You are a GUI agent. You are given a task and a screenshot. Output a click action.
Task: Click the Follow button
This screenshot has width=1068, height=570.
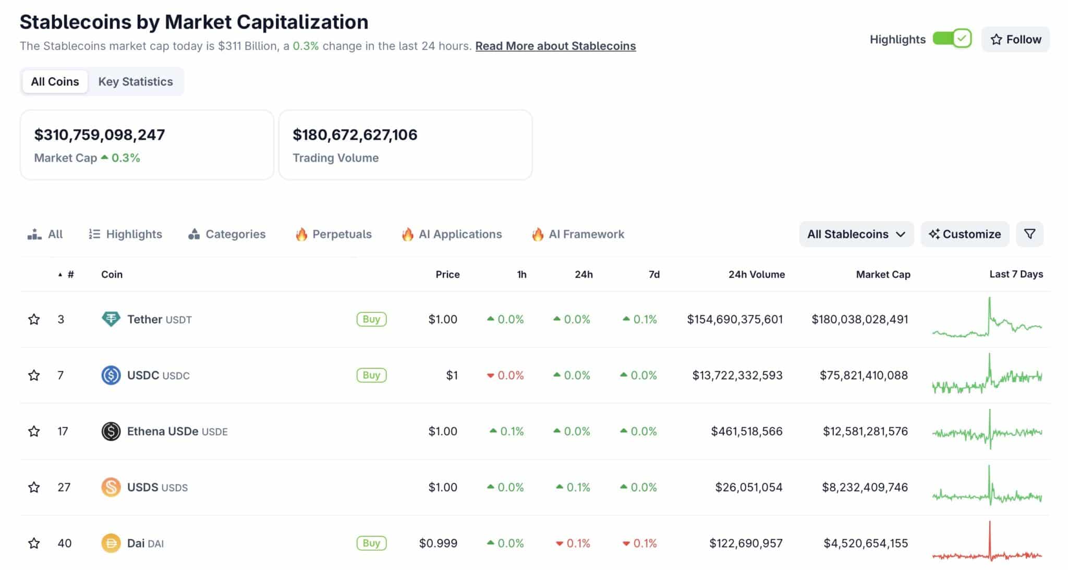1015,40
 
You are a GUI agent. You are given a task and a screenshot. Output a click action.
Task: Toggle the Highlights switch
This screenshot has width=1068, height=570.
952,39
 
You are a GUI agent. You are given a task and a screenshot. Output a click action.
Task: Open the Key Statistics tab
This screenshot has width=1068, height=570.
136,82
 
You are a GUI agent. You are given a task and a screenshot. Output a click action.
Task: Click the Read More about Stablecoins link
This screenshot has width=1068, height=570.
555,46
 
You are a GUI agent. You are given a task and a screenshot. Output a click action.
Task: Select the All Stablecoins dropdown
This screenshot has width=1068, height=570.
856,234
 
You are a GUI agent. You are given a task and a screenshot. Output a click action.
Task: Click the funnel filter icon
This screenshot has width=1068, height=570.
1029,234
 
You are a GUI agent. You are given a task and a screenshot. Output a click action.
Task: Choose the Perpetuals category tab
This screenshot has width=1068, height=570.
334,234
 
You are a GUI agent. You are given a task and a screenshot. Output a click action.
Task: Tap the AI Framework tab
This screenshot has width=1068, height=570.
578,234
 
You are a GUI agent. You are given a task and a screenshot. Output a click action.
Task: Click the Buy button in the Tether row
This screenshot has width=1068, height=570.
371,319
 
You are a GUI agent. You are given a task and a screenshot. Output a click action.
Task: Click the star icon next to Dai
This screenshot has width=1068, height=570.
34,543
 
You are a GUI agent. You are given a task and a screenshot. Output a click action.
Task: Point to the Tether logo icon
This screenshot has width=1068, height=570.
111,319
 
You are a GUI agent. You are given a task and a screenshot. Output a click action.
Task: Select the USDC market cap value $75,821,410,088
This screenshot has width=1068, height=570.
864,375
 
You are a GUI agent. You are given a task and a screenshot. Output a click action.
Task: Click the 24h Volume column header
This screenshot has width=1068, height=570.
756,274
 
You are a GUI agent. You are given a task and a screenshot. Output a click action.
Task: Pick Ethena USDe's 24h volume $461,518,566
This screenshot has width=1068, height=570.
746,431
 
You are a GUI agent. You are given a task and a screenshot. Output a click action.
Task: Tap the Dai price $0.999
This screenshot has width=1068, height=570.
438,543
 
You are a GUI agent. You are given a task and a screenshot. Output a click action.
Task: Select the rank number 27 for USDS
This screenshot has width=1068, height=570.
64,487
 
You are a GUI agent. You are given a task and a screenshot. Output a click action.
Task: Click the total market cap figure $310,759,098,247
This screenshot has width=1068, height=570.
100,135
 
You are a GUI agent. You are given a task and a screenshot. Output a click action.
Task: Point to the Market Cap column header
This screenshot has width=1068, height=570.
883,274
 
